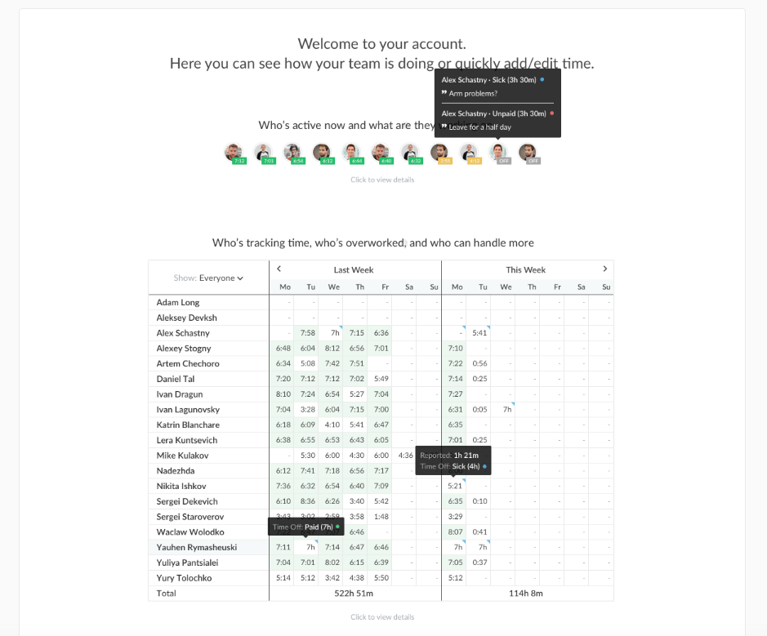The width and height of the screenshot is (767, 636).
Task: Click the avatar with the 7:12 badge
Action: point(234,153)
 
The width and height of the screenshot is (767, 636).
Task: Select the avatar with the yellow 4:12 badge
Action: point(469,153)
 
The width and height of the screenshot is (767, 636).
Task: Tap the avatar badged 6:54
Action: point(293,153)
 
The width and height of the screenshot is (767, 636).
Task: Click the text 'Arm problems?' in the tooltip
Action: point(473,94)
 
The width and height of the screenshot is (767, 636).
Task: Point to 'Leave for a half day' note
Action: point(479,127)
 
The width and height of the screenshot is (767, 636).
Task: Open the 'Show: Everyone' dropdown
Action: point(209,278)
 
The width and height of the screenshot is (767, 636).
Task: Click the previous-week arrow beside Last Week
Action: point(279,269)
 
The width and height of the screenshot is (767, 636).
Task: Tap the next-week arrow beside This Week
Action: point(605,269)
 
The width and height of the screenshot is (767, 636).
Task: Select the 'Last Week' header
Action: point(354,270)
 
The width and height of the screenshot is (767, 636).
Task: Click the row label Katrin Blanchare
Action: point(188,425)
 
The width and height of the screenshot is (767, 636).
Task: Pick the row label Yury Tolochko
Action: point(185,578)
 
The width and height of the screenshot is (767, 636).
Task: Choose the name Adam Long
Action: point(178,303)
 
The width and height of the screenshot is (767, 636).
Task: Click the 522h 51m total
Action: point(355,594)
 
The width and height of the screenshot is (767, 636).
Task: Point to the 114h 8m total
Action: point(525,594)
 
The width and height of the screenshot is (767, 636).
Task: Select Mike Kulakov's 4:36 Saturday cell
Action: point(406,456)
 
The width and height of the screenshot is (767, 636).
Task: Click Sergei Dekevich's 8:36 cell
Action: point(308,501)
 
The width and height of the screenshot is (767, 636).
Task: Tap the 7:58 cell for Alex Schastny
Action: point(308,333)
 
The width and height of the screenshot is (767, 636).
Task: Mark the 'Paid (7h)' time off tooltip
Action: point(305,527)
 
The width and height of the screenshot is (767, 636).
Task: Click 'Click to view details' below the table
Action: point(382,617)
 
